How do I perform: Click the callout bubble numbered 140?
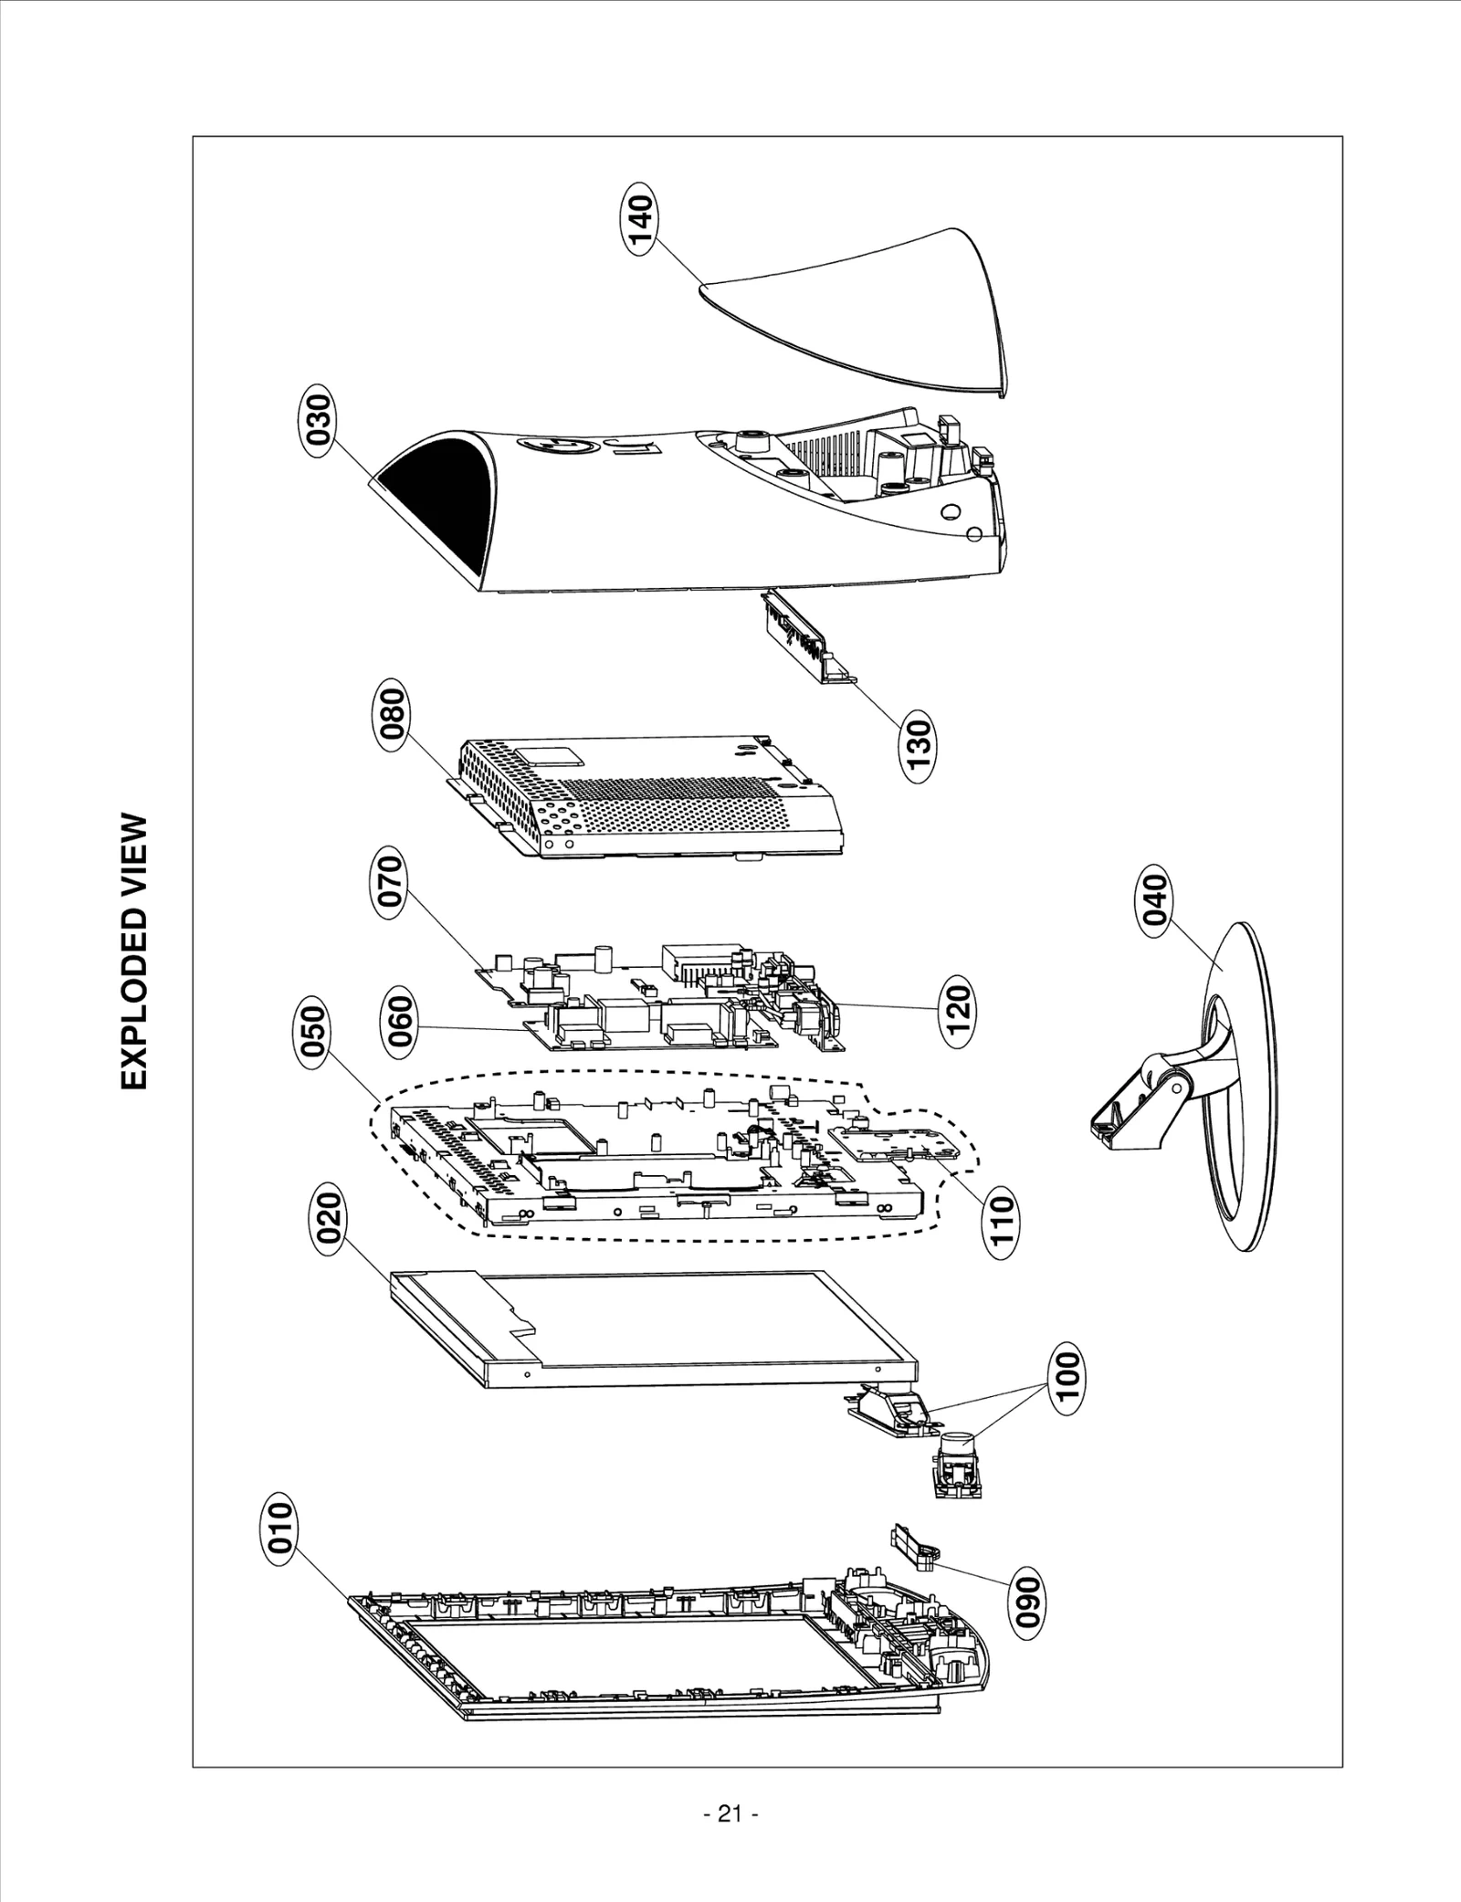click(641, 223)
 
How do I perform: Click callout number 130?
click(918, 750)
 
